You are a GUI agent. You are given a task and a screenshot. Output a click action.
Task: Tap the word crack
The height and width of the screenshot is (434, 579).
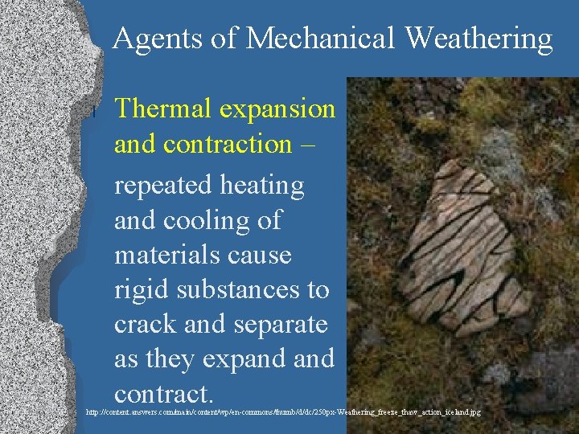[x=144, y=324]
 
